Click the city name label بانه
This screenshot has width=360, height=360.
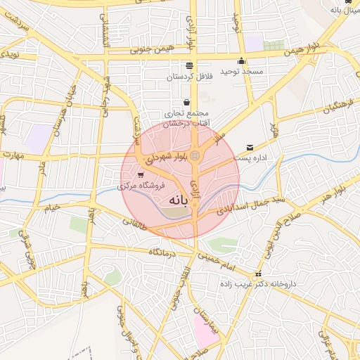pyautogui.click(x=179, y=201)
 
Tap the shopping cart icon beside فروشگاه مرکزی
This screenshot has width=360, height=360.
pyautogui.click(x=141, y=174)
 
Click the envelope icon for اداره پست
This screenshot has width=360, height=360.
pyautogui.click(x=250, y=148)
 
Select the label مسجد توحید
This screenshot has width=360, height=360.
pyautogui.click(x=241, y=72)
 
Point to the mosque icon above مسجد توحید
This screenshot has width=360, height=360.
pyautogui.click(x=242, y=60)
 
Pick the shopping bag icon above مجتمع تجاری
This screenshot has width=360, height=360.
pyautogui.click(x=186, y=102)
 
